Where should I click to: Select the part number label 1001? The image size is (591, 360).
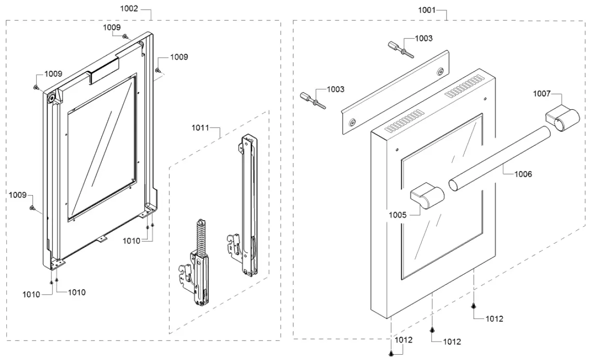tap(427, 9)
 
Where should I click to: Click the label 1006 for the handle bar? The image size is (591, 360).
tap(523, 174)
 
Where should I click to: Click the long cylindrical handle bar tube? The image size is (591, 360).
tap(499, 158)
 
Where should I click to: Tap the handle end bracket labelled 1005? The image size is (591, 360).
tap(427, 196)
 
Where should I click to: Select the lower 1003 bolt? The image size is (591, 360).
tap(313, 100)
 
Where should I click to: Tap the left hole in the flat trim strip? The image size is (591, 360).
tap(352, 121)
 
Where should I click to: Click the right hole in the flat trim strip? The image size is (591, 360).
tap(440, 72)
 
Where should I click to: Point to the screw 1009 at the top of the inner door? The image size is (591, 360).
tap(125, 36)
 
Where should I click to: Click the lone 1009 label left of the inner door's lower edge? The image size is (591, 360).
tap(17, 195)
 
